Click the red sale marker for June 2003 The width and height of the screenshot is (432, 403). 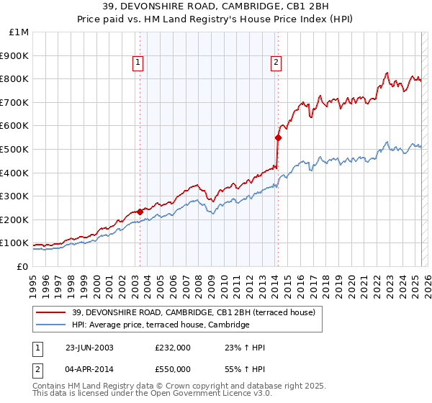140,212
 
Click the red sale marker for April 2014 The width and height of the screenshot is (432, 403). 278,137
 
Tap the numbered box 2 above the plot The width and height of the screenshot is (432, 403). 276,63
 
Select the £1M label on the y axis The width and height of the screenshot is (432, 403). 19,32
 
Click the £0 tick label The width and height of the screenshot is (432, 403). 23,266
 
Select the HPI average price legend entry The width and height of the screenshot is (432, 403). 160,325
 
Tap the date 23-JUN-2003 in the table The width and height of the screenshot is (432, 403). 89,348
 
